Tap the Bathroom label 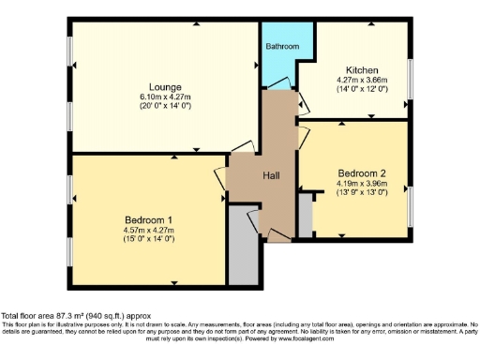pos(282,46)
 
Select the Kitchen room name pos(362,70)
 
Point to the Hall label pos(271,175)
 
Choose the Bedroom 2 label pos(362,172)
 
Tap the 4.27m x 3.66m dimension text pos(362,81)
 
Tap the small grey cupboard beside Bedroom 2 pos(305,214)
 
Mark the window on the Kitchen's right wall pos(411,80)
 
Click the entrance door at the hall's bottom pos(277,234)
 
